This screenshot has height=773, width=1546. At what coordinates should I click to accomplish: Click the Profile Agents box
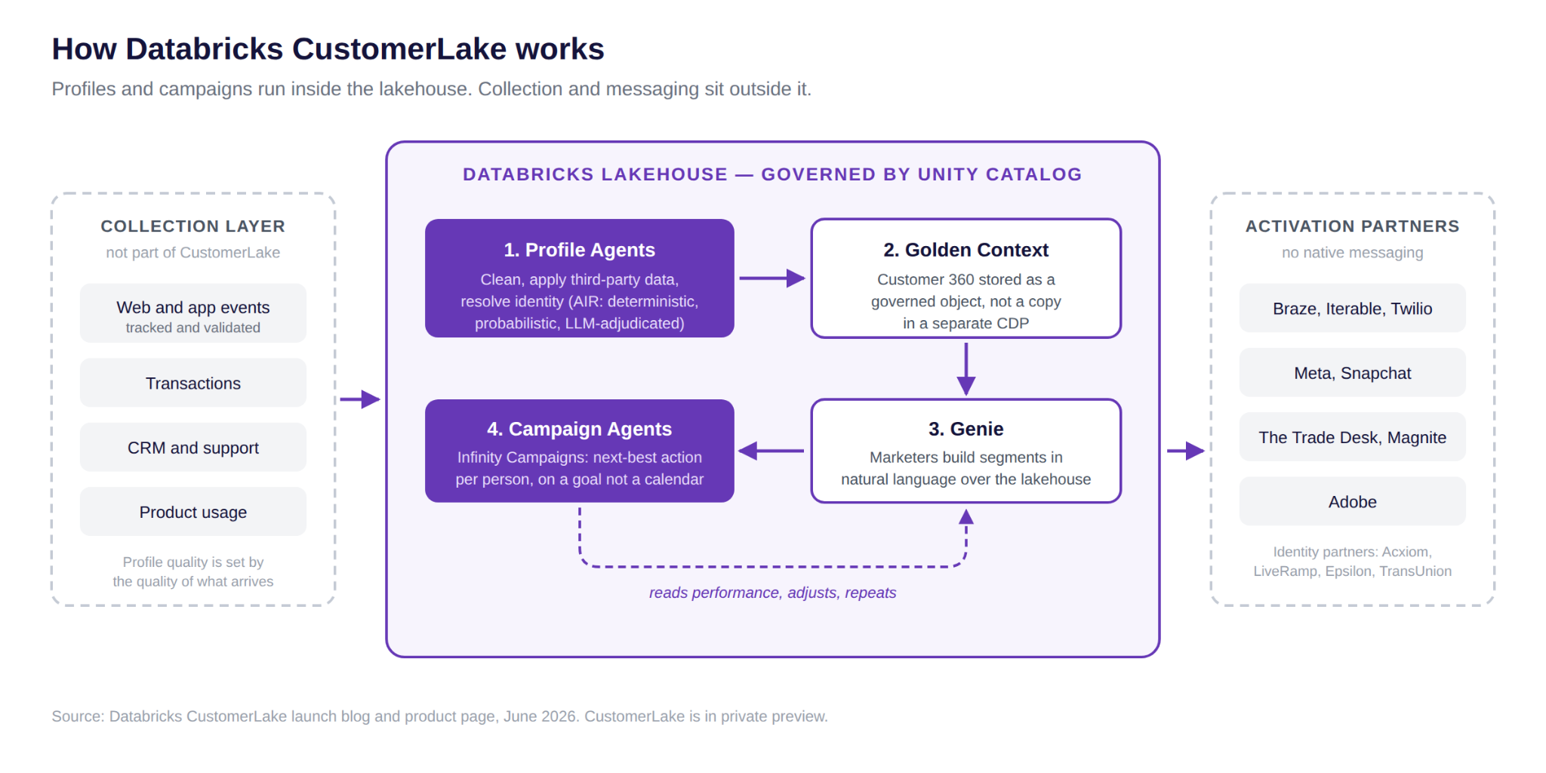[x=580, y=278]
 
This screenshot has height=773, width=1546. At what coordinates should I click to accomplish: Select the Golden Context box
[x=966, y=278]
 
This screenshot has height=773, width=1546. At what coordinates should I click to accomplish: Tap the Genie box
[x=966, y=451]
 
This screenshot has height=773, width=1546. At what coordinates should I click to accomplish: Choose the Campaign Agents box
[x=580, y=451]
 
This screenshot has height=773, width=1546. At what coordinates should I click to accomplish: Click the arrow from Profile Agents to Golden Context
[x=772, y=278]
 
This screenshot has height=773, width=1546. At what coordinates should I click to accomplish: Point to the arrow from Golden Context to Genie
[x=966, y=369]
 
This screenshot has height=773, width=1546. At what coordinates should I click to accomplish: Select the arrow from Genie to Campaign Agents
[x=771, y=451]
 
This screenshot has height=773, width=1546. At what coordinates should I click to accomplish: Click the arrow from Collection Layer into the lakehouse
[x=360, y=399]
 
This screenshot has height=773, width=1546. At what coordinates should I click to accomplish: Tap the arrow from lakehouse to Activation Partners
[x=1186, y=451]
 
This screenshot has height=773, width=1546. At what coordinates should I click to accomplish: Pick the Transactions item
[x=193, y=383]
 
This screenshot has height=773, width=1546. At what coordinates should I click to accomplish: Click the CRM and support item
[x=193, y=448]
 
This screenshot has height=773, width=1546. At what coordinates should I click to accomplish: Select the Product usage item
[x=193, y=512]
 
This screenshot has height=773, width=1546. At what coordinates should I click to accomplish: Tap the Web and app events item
[x=193, y=313]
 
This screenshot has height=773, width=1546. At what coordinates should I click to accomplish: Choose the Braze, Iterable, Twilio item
[x=1353, y=308]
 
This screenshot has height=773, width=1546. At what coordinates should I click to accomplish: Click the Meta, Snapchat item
[x=1353, y=373]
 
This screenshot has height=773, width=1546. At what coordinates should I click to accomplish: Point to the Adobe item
[x=1353, y=501]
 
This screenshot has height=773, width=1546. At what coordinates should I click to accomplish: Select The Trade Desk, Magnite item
[x=1353, y=437]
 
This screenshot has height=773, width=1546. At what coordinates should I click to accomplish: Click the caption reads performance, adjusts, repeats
[x=773, y=593]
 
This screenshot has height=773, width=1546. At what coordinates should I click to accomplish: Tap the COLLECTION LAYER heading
[x=193, y=226]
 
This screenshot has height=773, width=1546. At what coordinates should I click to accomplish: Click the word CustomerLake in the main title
[x=399, y=49]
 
